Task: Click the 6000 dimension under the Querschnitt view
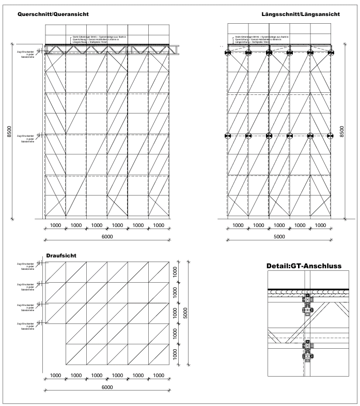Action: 107,236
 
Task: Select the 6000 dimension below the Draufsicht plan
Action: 107,387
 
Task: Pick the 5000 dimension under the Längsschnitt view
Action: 279,236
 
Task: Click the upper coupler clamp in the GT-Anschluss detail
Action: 308,305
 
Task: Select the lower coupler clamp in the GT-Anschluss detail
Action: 308,353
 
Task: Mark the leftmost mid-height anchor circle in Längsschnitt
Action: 228,136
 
